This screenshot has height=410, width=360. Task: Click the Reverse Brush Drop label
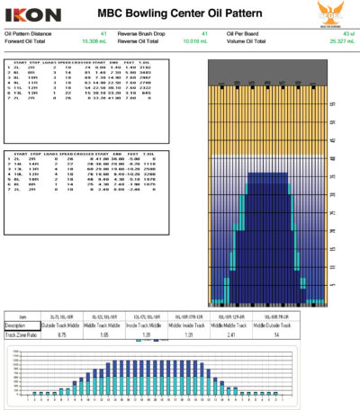pyautogui.click(x=149, y=33)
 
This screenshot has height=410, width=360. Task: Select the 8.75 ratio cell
pyautogui.click(x=64, y=334)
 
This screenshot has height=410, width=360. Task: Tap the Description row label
pyautogui.click(x=18, y=325)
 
